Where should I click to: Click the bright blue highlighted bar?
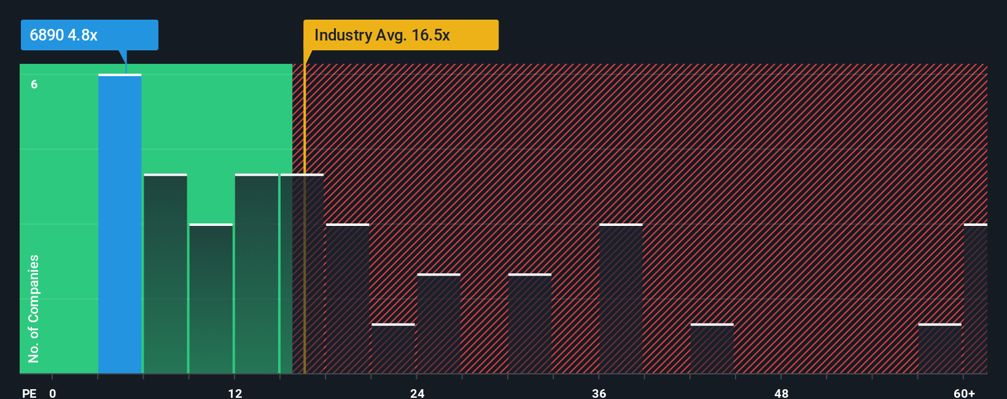[120, 224]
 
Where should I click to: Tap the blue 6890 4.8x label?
[89, 35]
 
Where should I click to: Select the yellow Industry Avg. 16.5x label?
[400, 35]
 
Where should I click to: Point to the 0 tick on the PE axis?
[53, 393]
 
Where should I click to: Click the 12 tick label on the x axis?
[235, 393]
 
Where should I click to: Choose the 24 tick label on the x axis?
[417, 393]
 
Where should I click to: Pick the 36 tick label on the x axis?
[599, 393]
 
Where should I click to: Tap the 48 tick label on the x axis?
[781, 393]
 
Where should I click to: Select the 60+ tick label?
[964, 393]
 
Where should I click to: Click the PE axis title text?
[29, 393]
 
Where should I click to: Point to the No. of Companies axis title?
[34, 308]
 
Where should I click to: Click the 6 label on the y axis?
[34, 84]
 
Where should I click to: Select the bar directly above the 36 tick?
[621, 299]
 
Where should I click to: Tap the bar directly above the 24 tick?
[438, 323]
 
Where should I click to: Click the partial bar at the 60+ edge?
[976, 299]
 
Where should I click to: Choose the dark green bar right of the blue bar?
[165, 274]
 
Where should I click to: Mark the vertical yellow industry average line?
[304, 246]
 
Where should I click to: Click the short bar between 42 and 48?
[712, 349]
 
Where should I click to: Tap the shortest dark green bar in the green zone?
[211, 299]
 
